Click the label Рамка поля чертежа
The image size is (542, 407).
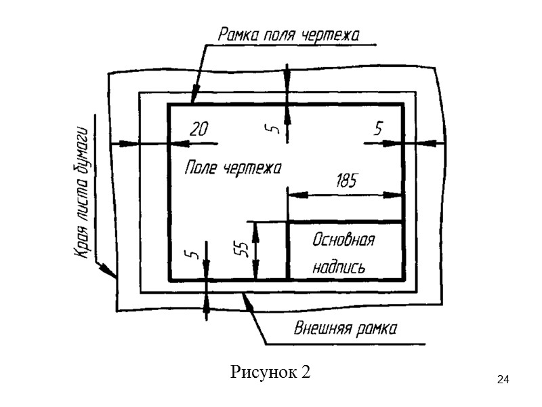(x=288, y=33)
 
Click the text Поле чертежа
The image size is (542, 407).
(x=232, y=168)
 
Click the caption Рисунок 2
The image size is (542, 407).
(x=270, y=372)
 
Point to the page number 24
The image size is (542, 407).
(x=503, y=379)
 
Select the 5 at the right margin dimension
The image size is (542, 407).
(x=379, y=127)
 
